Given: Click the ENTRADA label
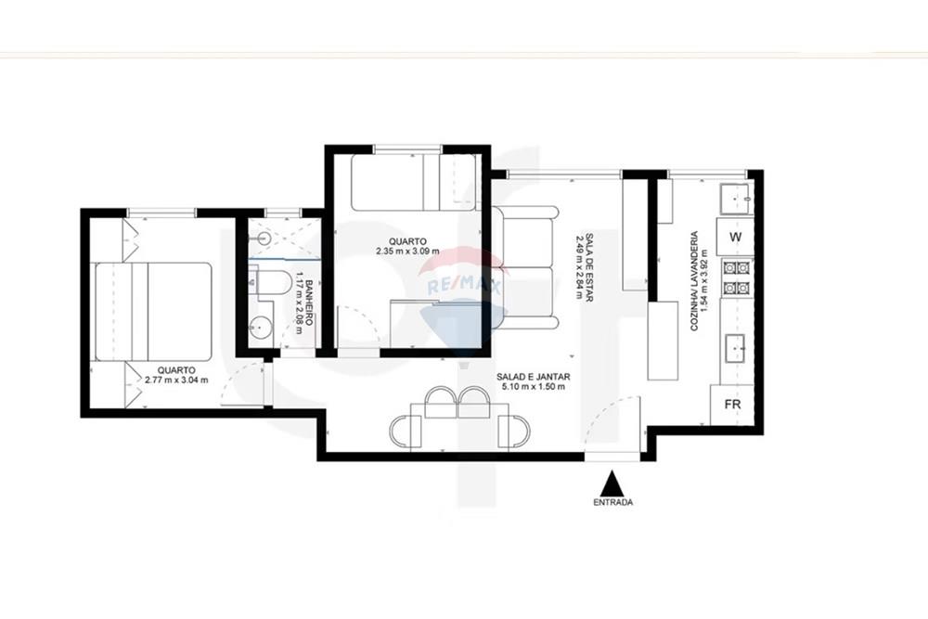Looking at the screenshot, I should (x=612, y=502).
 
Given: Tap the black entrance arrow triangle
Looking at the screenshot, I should (x=612, y=484).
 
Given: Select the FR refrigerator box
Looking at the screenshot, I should (x=731, y=406).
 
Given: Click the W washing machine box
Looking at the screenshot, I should (x=735, y=237).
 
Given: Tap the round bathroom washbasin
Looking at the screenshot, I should (x=261, y=326).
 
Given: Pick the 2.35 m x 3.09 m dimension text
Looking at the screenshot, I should (x=407, y=251).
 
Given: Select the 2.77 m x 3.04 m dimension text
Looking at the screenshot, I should (x=176, y=380).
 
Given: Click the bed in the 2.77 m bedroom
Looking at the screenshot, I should (x=153, y=310).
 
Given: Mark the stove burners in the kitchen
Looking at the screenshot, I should (x=736, y=277).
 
